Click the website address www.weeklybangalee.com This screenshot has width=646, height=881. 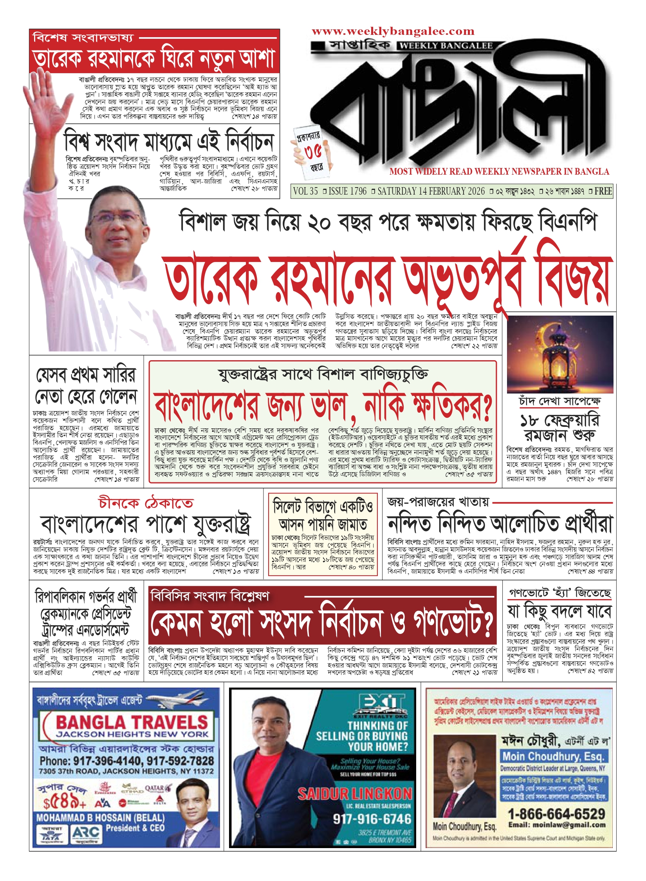click(x=393, y=31)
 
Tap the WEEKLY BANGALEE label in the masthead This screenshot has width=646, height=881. click(x=446, y=46)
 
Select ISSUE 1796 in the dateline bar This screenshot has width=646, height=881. click(x=347, y=191)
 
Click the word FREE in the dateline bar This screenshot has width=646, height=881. click(x=603, y=191)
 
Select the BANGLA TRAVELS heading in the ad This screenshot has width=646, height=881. click(x=132, y=722)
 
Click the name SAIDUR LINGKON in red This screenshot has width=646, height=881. click(x=355, y=794)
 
